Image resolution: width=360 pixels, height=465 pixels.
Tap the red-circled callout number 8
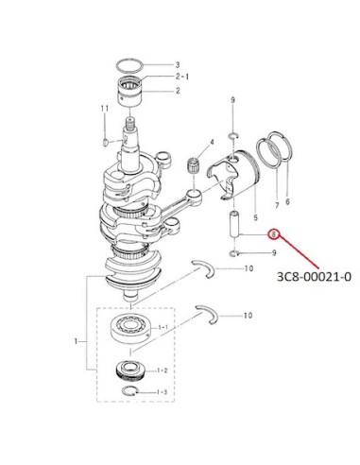tap(274, 234)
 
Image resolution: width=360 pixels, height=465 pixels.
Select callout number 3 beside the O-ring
tap(178, 65)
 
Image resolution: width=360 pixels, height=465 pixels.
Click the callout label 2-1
tap(182, 77)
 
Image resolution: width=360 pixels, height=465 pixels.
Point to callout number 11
tap(105, 109)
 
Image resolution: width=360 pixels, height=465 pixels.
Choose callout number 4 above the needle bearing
tap(212, 142)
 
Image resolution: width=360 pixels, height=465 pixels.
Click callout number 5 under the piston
tap(255, 217)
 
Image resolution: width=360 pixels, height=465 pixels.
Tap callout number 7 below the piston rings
tap(277, 205)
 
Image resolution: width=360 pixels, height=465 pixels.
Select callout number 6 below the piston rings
tap(287, 201)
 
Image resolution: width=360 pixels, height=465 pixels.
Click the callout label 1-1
tap(163, 328)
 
